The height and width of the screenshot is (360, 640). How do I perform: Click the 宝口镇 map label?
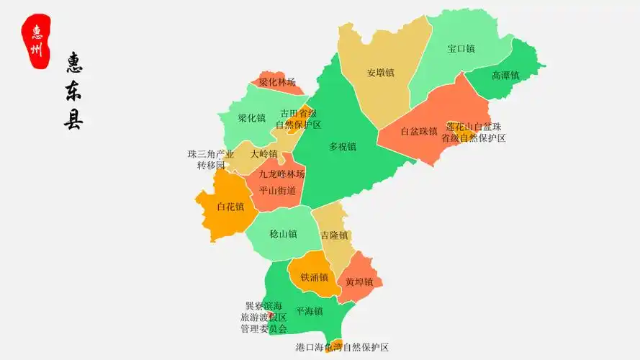point(461,49)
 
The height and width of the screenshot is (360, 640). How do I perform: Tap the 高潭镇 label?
point(505,76)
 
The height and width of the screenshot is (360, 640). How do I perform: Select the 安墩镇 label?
point(380,73)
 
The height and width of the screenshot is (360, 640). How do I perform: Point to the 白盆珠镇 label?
point(419,132)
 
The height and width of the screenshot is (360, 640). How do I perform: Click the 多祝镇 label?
point(343,147)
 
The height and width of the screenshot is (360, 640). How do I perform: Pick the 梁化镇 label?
point(252,118)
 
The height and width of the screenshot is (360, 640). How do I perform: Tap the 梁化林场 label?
point(277,82)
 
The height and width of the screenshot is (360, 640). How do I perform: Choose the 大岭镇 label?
point(263,154)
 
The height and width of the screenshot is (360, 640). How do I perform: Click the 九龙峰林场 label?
point(282,174)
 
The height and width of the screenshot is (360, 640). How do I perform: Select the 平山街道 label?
point(277,191)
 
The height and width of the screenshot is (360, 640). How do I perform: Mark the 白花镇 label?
point(230,207)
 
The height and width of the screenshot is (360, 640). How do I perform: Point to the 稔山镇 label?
point(283,234)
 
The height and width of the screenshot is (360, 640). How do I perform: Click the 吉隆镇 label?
point(335,235)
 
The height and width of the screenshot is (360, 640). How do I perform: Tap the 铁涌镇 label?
point(315,277)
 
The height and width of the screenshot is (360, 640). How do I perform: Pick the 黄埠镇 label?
point(359,282)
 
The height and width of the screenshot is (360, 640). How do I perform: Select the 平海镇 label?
point(310,311)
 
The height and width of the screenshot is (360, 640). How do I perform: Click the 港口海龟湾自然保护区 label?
point(342,347)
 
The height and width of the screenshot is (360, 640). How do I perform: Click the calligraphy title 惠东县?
point(73,91)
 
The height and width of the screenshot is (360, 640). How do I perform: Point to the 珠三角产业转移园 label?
point(212,160)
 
